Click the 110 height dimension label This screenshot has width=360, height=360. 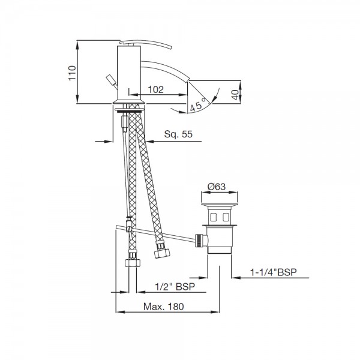(72, 73)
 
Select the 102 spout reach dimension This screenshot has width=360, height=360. (156, 89)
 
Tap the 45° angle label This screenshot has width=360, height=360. (198, 104)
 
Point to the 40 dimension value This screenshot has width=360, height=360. (235, 95)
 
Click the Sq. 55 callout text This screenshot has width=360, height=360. (178, 134)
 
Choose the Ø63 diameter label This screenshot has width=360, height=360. (217, 187)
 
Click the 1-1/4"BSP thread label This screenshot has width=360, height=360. (273, 272)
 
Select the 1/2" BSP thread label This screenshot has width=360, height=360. (175, 287)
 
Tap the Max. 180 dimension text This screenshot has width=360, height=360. (164, 306)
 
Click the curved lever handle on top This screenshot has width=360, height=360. (147, 44)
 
